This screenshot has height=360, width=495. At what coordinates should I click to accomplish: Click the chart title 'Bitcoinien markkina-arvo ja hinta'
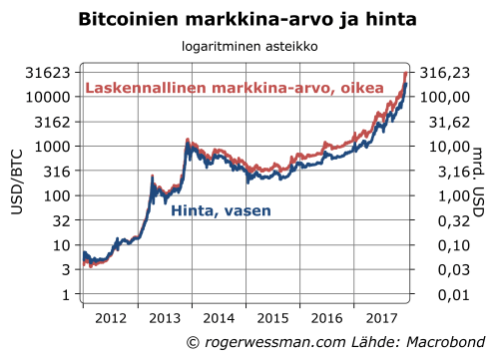pos(247,19)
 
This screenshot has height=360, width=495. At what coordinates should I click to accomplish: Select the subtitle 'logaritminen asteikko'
pos(247,46)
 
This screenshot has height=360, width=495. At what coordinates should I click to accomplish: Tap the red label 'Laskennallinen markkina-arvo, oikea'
pos(235,89)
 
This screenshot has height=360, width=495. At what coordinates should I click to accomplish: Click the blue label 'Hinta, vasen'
pos(215,211)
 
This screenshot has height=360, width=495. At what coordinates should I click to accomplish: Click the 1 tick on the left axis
pos(65,294)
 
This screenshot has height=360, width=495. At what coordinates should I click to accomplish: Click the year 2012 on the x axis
pos(109,320)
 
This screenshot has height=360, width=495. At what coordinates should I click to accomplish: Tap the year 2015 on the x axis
pos(271,320)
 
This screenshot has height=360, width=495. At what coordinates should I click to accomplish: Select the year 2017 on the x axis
pos(380,320)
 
